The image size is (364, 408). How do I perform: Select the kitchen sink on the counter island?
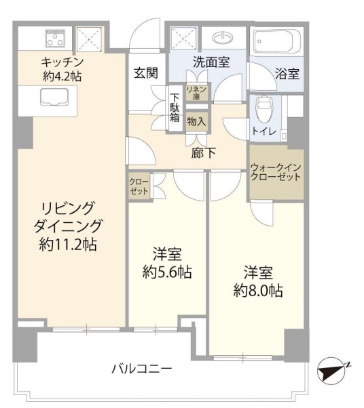click(53, 99)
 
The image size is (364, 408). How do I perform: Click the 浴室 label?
click(288, 75)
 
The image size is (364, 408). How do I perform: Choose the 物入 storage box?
click(198, 122)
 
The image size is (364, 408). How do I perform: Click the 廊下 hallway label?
click(204, 153)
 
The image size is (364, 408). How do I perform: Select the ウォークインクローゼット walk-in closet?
click(276, 172)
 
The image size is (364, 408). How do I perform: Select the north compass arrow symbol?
click(333, 370)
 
